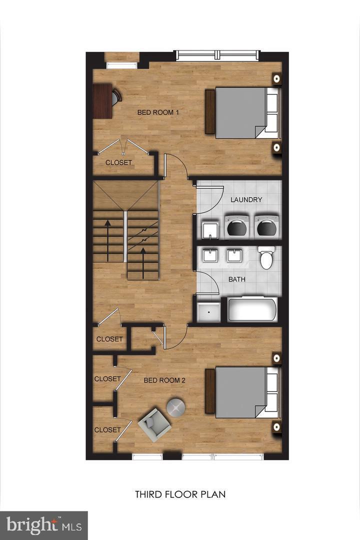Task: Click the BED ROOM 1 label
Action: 158,112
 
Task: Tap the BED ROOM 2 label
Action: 164,380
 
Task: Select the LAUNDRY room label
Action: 246,200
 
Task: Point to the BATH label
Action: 237,279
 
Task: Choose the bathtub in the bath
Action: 252,309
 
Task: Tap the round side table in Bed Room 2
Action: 175,408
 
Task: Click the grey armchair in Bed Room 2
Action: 154,424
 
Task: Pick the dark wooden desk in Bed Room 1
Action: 103,100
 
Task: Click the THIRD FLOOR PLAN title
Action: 180,494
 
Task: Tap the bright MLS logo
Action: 43,525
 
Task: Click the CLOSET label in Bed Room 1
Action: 119,162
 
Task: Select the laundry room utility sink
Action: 209,229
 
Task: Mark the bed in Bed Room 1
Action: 240,112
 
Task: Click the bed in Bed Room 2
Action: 240,392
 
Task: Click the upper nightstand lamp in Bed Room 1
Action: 275,78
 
